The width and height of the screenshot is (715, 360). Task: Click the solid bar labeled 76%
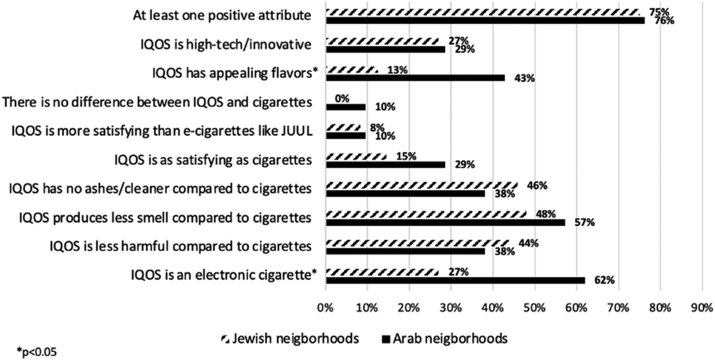pos(485,20)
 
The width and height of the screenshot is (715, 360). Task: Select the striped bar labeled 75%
pos(483,12)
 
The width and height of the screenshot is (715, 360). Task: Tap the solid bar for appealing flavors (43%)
pos(415,78)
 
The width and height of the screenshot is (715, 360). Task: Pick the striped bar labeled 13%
pos(352,70)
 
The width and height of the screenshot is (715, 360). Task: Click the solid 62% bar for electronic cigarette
pos(455,280)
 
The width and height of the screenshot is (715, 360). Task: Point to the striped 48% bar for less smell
pos(426,215)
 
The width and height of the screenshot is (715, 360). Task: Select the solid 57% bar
pos(446,222)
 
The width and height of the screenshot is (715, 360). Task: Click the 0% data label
pos(342,99)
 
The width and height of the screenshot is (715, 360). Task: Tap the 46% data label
pos(537,185)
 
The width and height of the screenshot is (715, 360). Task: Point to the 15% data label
pos(406,157)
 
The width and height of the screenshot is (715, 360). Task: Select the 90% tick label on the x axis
pos(702,308)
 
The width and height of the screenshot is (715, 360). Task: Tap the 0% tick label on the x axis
pos(325,308)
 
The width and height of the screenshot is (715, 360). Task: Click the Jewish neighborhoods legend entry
pos(290,339)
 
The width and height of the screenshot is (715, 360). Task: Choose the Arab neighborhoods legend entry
pos(444,339)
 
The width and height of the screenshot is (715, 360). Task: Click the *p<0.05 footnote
pos(37,352)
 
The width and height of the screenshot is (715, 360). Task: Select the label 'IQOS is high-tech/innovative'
pos(226,45)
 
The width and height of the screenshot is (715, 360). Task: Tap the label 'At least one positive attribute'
pos(222,15)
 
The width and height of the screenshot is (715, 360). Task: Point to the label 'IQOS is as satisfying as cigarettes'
pos(213,160)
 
